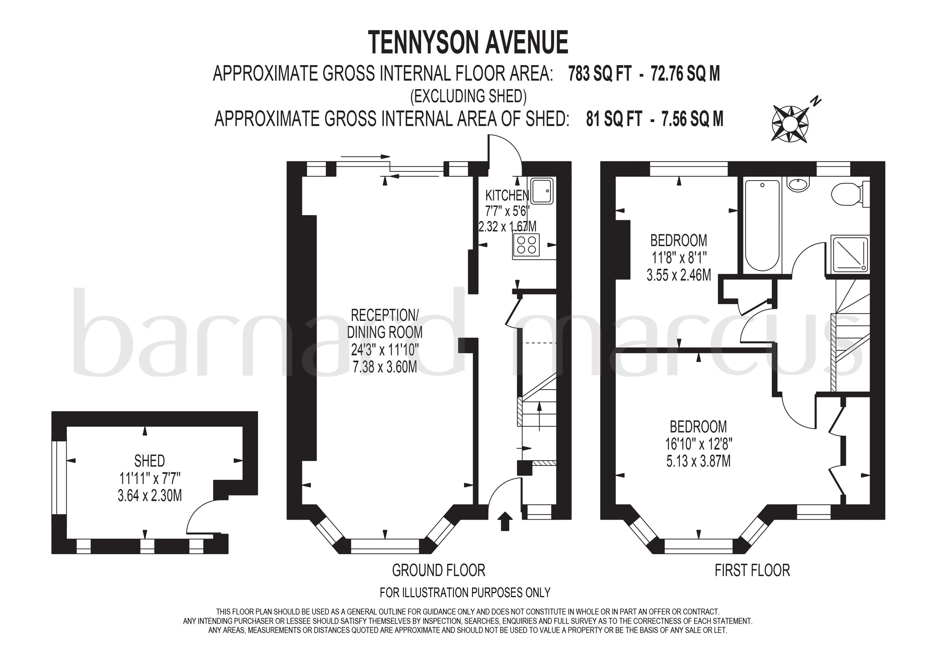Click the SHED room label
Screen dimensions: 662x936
150,461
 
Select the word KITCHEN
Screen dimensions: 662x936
507,196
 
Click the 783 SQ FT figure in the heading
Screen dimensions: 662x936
600,74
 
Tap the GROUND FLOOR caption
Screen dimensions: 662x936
439,570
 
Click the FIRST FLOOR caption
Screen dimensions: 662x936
752,570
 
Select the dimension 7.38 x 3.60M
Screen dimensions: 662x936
385,368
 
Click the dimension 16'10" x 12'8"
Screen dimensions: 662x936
698,444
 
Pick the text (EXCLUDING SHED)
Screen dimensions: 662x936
468,97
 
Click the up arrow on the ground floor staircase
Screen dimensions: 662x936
540,416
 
